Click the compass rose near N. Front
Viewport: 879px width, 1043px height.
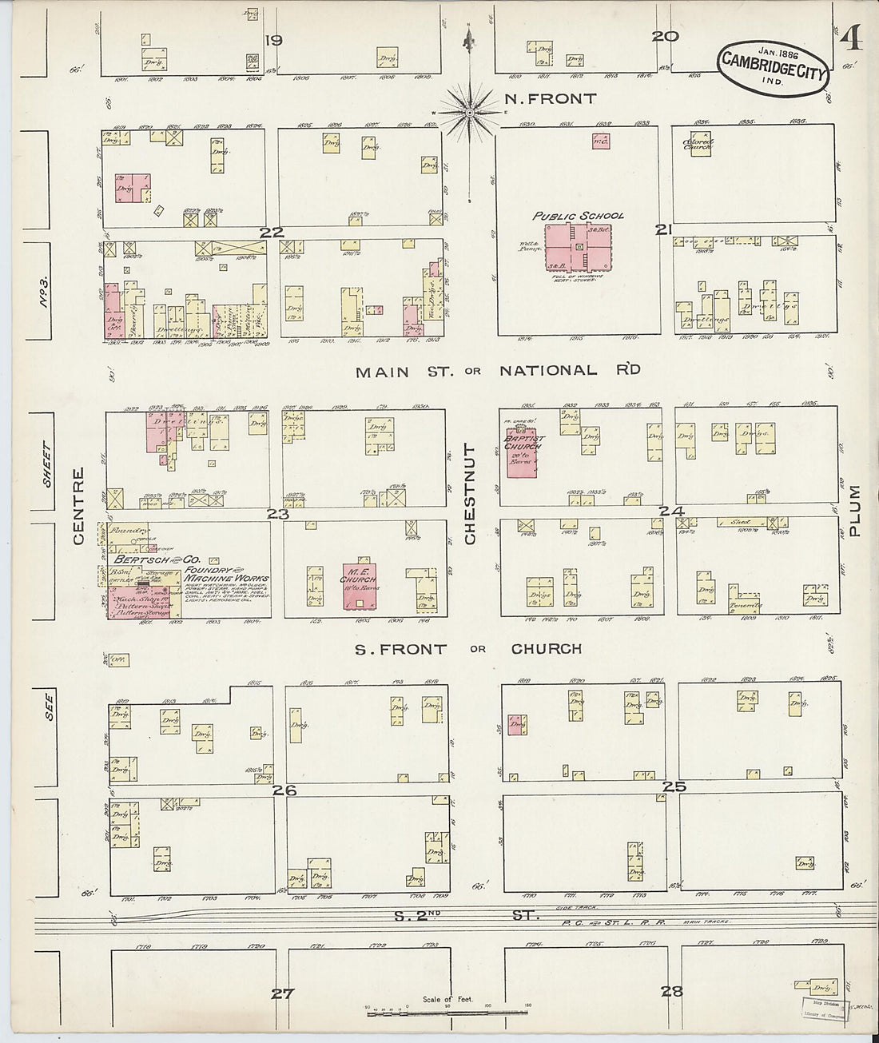(x=470, y=113)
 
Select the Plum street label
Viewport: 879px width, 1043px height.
(x=855, y=511)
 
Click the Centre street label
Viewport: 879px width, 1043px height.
(x=78, y=518)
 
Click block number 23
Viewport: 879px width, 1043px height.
(x=277, y=514)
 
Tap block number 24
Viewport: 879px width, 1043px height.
(x=671, y=511)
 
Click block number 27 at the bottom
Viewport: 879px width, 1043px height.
(x=282, y=994)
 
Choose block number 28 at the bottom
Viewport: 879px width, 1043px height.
(x=672, y=992)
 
